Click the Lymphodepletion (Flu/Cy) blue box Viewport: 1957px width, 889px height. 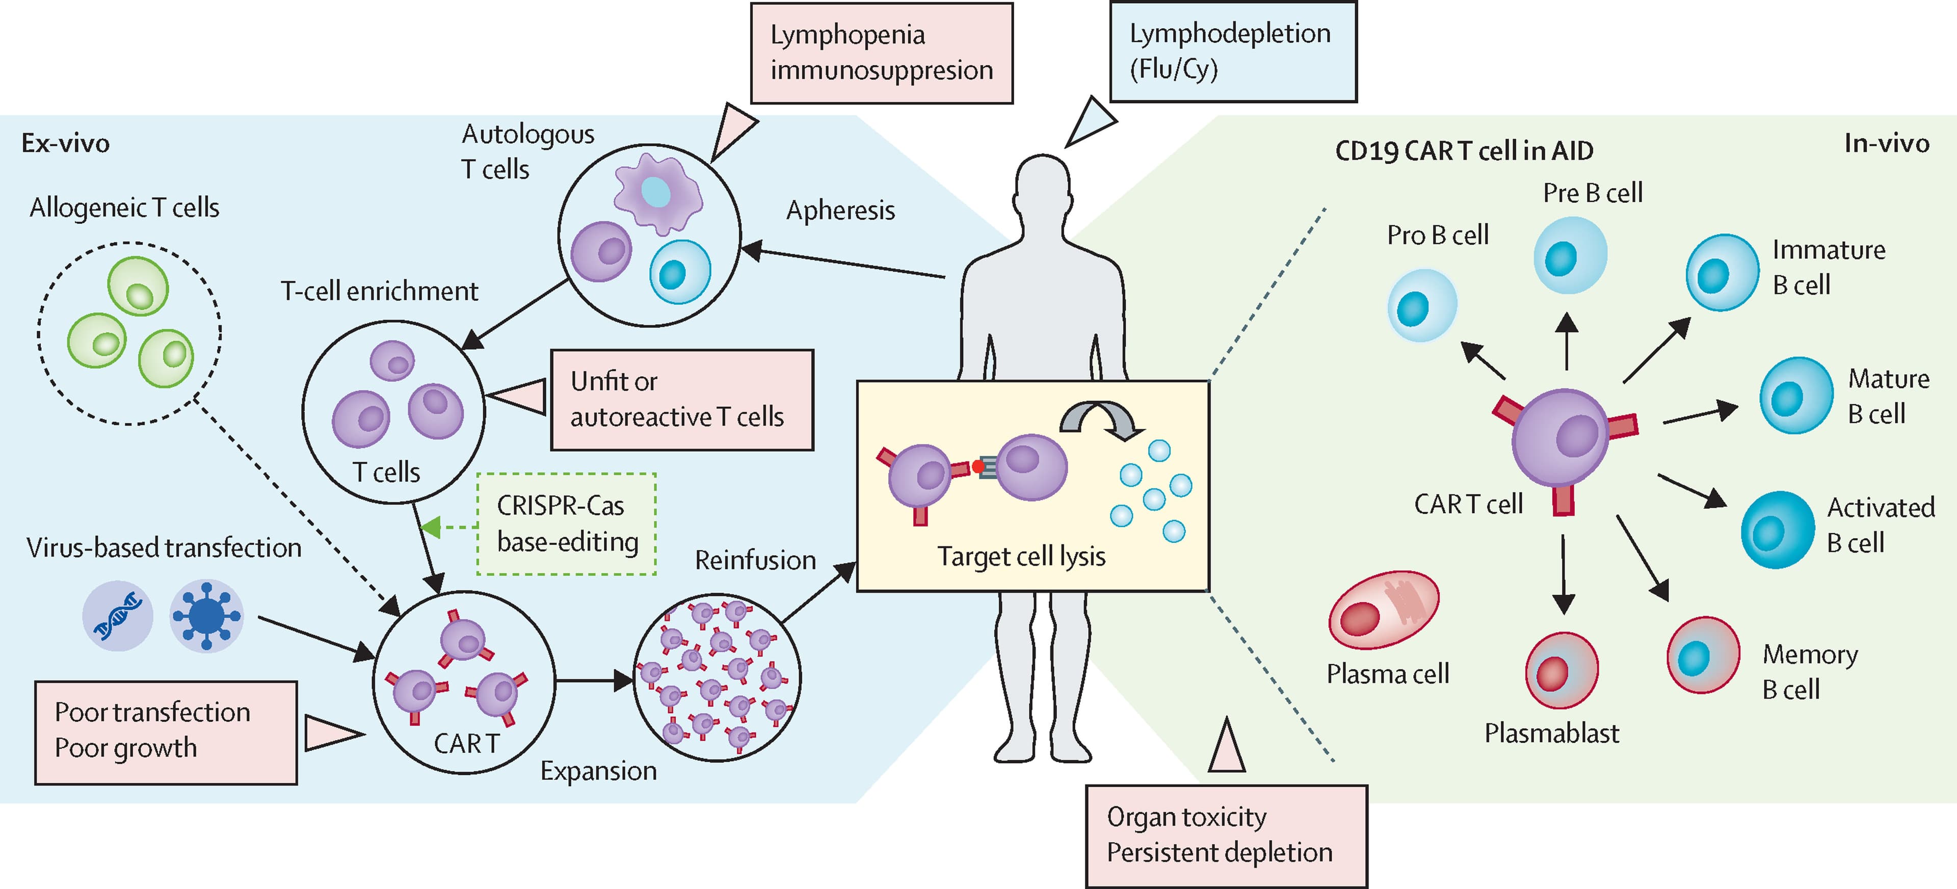1232,51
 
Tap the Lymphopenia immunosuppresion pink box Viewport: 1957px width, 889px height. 881,53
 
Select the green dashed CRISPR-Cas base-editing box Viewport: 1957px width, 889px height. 567,524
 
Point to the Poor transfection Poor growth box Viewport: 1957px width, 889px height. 166,731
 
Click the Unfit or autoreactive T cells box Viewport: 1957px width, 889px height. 681,400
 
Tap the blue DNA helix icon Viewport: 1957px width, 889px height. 117,615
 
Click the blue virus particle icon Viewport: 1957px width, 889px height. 206,615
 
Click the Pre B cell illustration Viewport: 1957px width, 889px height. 1570,255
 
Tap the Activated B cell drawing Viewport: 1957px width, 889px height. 1777,530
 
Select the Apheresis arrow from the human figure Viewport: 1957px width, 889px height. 843,263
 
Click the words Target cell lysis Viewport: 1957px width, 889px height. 1020,556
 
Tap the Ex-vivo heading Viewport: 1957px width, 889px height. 65,143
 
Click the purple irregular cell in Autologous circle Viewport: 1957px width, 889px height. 658,193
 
